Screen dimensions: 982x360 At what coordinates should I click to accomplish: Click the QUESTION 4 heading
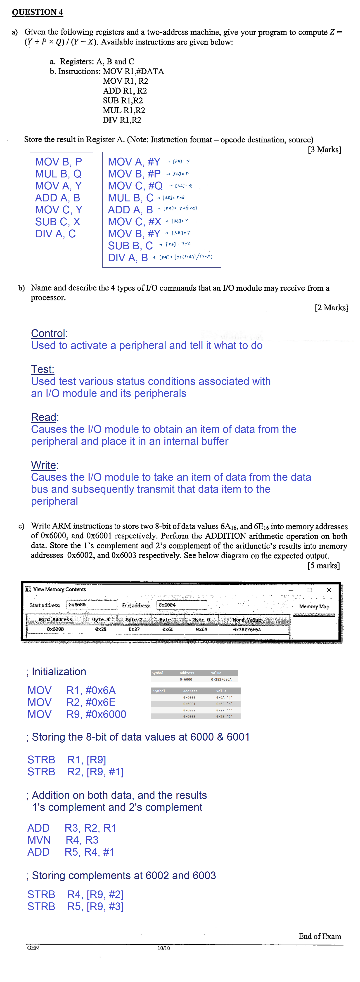pos(37,12)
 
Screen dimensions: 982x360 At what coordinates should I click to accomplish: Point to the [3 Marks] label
pos(324,149)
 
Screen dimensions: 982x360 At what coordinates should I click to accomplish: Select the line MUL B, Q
pos(58,174)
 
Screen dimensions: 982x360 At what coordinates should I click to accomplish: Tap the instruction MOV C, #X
pos(134,222)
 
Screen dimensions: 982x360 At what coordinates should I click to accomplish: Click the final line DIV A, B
pos(128,258)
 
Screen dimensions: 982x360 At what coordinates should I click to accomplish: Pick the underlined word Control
pos(48,334)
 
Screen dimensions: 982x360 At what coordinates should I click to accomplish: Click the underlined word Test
pos(42,369)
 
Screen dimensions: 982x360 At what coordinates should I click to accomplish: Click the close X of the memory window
pos(329,590)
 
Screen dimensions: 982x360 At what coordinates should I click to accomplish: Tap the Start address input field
pos(92,605)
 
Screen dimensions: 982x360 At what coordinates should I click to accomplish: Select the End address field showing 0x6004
pos(182,605)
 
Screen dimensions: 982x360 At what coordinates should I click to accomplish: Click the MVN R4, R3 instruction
pos(63,840)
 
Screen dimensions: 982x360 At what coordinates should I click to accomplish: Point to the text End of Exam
pos(320,936)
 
